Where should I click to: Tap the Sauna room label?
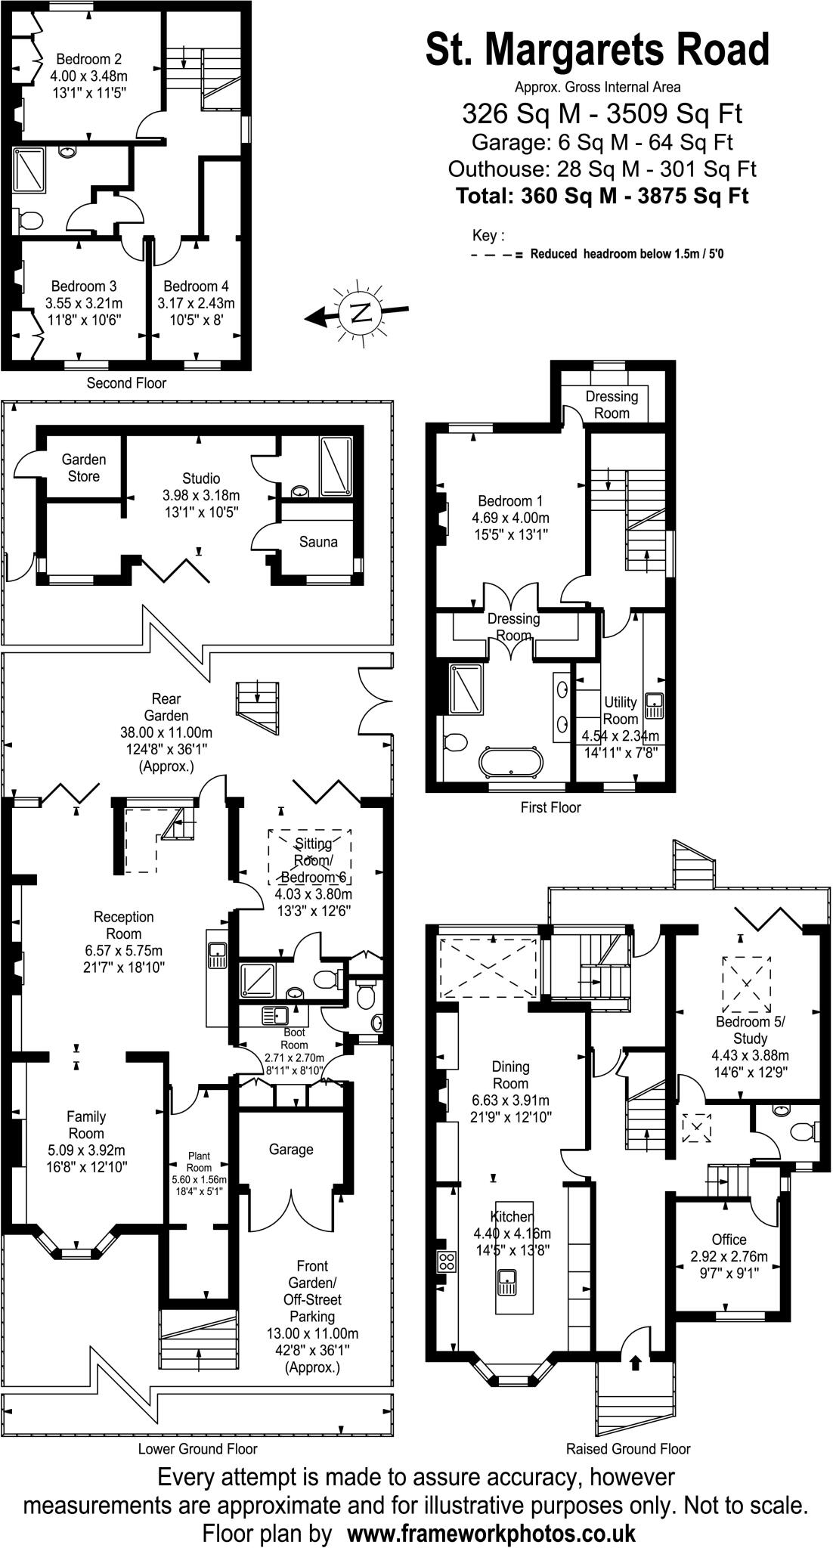point(318,542)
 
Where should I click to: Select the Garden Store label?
point(84,468)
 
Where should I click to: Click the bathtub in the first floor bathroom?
point(512,761)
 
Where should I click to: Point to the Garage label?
point(291,1150)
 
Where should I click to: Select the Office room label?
point(729,1240)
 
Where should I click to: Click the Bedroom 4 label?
point(196,286)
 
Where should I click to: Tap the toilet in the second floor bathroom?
point(30,220)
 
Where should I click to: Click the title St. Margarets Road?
point(597,50)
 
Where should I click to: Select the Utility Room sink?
point(653,705)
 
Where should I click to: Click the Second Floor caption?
point(126,383)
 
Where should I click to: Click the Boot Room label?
point(294,1033)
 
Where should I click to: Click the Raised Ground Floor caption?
point(628,1449)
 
